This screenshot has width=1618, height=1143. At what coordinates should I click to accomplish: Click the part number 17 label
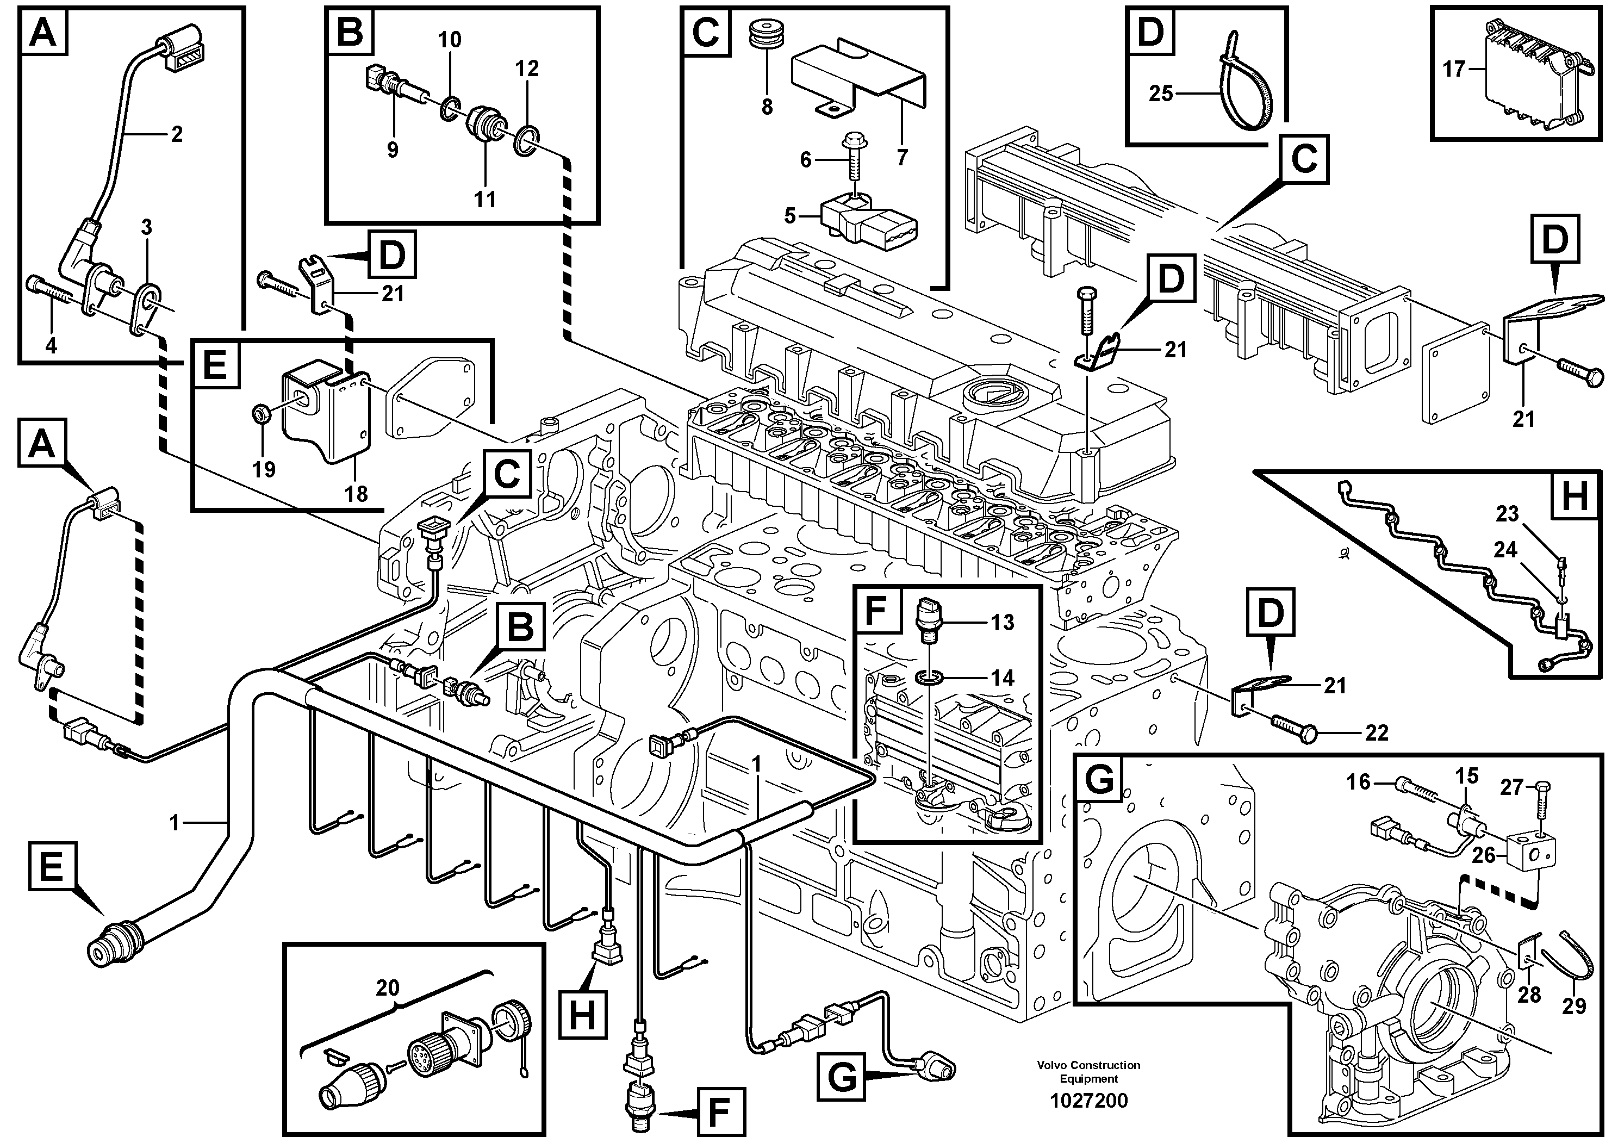pos(1453,69)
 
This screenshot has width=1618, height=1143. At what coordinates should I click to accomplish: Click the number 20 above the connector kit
pos(387,988)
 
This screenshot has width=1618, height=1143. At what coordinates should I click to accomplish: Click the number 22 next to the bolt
pos(1376,733)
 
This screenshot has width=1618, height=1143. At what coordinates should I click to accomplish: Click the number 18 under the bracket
pos(357,493)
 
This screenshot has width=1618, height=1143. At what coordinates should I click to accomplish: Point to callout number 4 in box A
pos(51,345)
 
